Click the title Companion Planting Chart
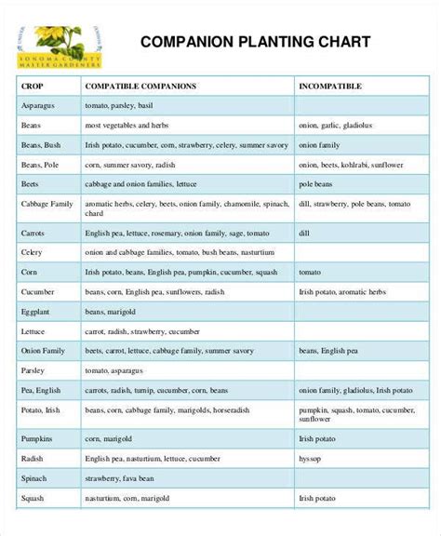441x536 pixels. (255, 43)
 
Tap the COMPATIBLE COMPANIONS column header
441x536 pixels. (140, 86)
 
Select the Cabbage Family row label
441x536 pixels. (47, 204)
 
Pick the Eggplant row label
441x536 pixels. (37, 311)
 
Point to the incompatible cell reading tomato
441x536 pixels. (310, 271)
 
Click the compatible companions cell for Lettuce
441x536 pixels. (141, 330)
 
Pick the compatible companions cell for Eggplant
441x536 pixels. (116, 311)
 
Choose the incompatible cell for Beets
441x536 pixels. (318, 184)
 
